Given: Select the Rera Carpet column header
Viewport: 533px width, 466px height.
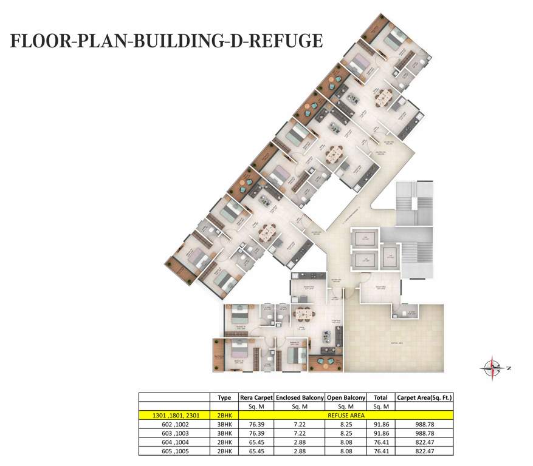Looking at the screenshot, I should click(x=256, y=397).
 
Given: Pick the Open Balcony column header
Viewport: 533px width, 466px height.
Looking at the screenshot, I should click(x=346, y=397).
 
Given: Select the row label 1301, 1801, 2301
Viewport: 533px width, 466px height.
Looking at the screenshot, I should click(x=174, y=415).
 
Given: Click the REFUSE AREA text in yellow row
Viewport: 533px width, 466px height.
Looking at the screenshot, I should click(x=345, y=415).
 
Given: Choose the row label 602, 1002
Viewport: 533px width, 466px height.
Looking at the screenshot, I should click(x=174, y=425).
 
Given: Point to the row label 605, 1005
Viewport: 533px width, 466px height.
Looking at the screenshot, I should click(x=174, y=451).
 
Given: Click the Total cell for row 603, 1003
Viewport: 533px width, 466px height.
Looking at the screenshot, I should click(x=381, y=434).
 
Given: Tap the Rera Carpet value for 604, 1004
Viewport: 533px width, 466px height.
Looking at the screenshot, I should click(x=256, y=442).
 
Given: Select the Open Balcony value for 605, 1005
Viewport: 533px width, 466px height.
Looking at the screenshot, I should click(x=346, y=451).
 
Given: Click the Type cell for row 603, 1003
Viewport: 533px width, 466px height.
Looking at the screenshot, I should click(x=224, y=434).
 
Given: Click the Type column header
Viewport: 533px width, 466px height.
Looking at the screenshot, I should click(x=224, y=397).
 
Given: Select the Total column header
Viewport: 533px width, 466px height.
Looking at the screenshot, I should click(x=381, y=397).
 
